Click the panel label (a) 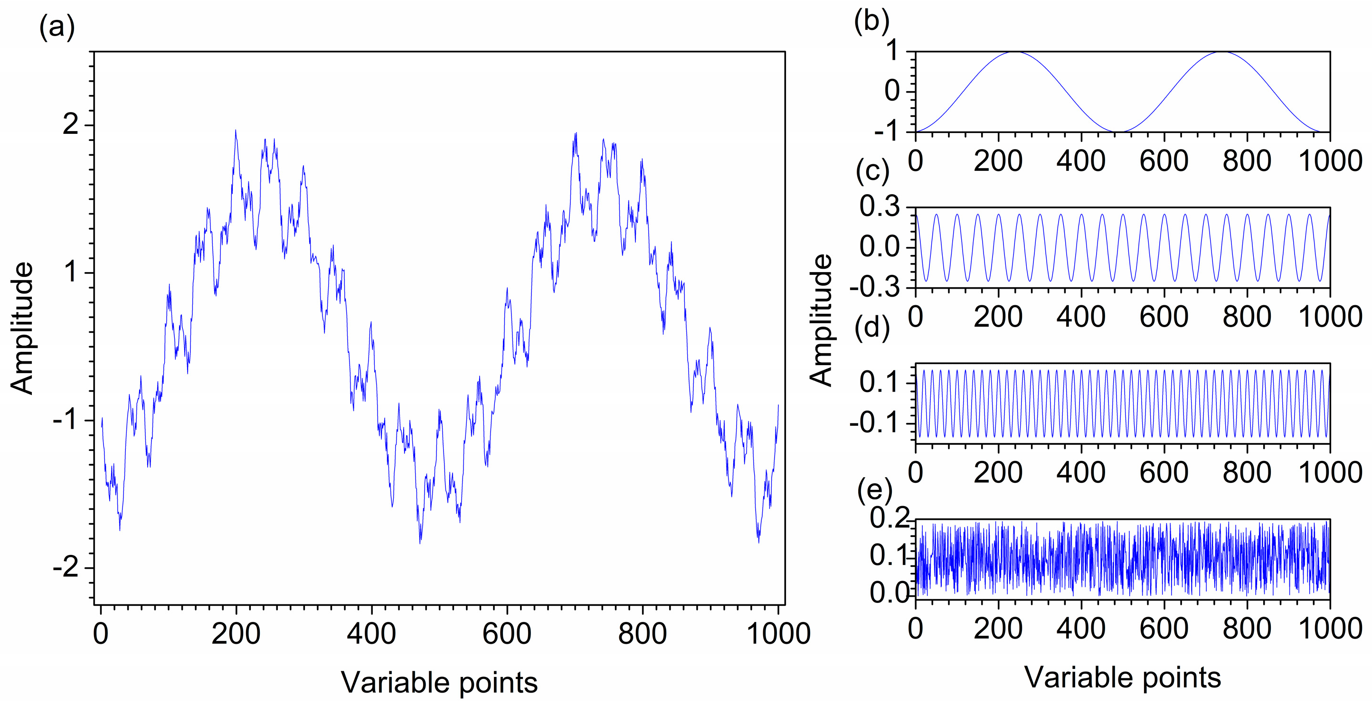coord(57,27)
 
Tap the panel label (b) coord(871,22)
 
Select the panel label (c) coord(872,172)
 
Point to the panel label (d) coord(872,327)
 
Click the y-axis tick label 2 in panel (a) coord(70,126)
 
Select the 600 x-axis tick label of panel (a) coord(507,634)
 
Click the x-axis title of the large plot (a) coord(439,683)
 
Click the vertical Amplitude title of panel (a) coord(22,329)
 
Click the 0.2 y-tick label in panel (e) coord(889,518)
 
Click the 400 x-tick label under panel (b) coord(1081,160)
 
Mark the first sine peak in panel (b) coord(1016,52)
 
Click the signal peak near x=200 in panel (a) coord(236,131)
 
